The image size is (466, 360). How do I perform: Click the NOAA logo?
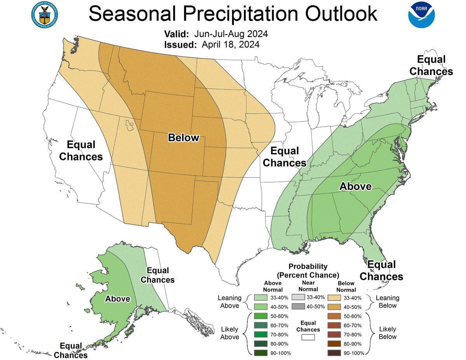(421, 14)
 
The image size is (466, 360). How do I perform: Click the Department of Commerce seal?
(44, 14)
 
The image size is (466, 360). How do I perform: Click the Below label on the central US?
(183, 137)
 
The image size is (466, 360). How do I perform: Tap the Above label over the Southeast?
(355, 186)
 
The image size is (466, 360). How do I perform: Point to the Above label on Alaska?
(117, 299)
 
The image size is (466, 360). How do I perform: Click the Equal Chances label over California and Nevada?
(81, 151)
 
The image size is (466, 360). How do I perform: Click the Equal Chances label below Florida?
(381, 271)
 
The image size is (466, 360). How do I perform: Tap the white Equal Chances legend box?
(308, 337)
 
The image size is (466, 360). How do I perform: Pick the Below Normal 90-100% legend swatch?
(333, 353)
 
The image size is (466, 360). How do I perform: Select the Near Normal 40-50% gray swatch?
(297, 306)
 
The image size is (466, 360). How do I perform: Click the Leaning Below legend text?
(388, 302)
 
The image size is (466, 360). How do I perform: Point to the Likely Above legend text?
(230, 333)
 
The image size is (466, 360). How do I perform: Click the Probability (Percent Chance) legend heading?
(308, 271)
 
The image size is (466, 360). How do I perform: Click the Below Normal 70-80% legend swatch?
(333, 334)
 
